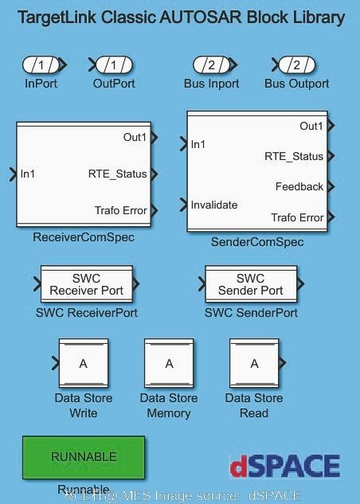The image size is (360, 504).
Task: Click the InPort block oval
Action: [41, 64]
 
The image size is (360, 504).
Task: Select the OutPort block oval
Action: [114, 64]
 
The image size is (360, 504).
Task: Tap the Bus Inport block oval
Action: [211, 64]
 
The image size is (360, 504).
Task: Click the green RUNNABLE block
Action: [84, 457]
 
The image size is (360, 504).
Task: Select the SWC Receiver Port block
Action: [87, 285]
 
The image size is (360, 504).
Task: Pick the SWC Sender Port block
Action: [251, 285]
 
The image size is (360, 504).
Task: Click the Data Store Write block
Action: [84, 364]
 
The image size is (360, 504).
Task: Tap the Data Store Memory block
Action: [169, 364]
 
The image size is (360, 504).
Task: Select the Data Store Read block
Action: [254, 364]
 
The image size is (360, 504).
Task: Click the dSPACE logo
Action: [284, 467]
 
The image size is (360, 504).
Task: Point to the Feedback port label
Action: [299, 187]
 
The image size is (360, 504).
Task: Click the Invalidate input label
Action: [214, 205]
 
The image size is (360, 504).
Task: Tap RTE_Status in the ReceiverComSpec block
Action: [118, 174]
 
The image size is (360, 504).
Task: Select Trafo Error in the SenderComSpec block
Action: [297, 217]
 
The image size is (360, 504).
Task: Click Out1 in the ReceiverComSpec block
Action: [135, 138]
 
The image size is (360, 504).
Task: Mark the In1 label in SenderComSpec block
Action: [198, 144]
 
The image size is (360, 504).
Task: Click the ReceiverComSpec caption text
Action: [84, 237]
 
